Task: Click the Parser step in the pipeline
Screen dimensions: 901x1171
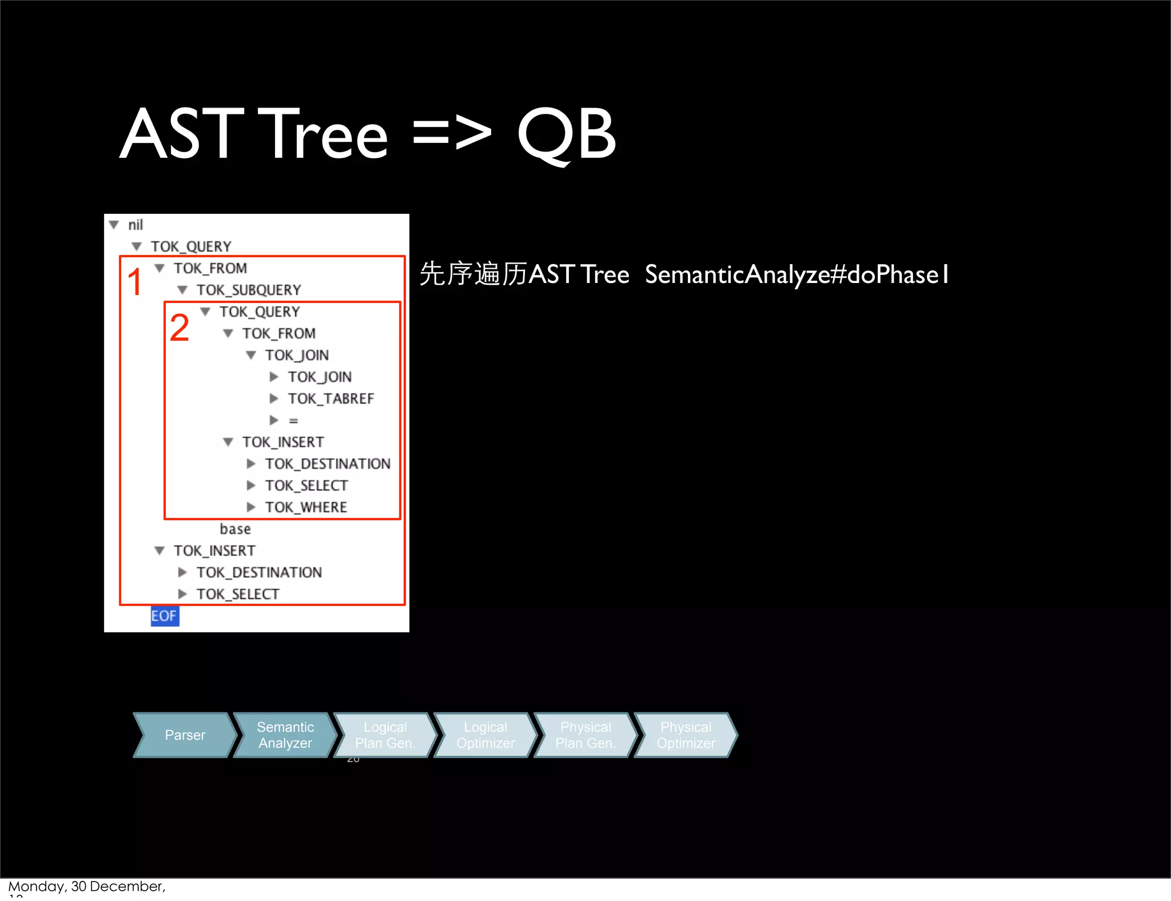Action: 184,735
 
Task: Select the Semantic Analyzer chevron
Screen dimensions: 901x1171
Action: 285,735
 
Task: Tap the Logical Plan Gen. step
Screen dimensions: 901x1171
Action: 385,735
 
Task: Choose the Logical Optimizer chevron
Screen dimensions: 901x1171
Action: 485,735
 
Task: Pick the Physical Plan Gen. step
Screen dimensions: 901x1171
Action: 585,735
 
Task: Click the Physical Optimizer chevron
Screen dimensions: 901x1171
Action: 686,735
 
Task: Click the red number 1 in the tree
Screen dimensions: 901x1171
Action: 134,282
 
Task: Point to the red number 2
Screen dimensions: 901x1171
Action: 179,328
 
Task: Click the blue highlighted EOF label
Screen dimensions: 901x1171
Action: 164,616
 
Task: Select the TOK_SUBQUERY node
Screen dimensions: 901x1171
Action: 248,290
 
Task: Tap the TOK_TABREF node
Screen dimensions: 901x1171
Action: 330,398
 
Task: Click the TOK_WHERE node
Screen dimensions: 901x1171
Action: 306,507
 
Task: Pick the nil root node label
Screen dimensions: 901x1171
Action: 136,225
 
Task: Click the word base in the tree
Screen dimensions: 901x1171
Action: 235,529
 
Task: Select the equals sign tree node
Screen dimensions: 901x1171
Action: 293,421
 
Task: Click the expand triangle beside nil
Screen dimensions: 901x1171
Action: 114,225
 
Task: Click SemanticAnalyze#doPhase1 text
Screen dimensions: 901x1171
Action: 796,274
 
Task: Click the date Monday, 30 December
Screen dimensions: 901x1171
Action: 86,886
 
